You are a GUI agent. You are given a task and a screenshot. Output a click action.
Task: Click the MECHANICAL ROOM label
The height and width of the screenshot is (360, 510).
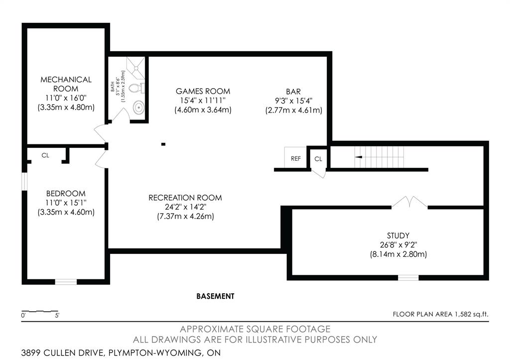[x=66, y=84]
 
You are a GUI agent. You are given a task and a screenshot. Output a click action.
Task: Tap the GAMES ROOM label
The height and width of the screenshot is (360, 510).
[x=203, y=91]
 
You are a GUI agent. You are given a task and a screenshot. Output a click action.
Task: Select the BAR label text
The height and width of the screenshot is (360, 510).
[x=293, y=92]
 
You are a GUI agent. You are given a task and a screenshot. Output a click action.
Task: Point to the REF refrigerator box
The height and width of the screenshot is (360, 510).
[x=296, y=158]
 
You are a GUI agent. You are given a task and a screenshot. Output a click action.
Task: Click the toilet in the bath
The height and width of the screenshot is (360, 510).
[x=136, y=88]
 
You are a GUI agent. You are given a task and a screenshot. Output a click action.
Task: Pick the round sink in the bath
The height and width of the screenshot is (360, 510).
[x=139, y=108]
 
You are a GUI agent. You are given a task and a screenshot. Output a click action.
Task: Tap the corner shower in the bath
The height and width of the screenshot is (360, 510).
[x=135, y=68]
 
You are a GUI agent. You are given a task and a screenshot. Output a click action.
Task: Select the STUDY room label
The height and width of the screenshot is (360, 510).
[x=398, y=236]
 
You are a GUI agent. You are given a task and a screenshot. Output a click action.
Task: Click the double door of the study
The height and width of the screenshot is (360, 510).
[x=409, y=202]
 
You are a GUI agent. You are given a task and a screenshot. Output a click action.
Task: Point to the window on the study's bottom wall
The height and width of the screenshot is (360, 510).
[x=408, y=277]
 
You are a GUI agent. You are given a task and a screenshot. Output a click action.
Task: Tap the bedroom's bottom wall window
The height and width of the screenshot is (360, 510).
[x=66, y=282]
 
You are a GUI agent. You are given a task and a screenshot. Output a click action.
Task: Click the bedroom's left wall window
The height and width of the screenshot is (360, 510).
[x=24, y=181]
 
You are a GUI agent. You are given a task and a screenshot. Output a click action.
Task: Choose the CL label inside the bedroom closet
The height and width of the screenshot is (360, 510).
[x=45, y=155]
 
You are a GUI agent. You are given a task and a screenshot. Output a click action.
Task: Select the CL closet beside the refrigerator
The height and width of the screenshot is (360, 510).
[x=318, y=159]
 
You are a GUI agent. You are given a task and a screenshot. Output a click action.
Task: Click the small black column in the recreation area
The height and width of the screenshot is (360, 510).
[x=163, y=144]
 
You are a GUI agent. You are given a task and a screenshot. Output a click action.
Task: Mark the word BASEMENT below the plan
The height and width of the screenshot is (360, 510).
[x=215, y=296]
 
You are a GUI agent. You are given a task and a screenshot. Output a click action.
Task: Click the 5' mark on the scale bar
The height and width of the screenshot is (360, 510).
[x=57, y=315]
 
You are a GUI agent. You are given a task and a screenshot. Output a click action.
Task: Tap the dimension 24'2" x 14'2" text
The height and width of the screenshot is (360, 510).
[x=185, y=207]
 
